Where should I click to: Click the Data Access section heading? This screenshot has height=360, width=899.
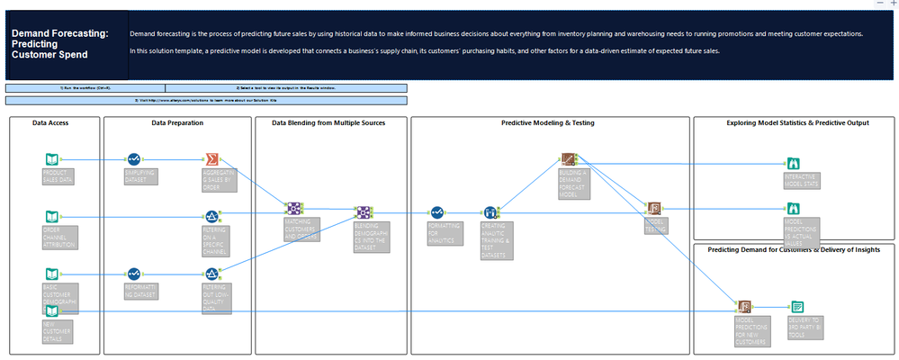click(50, 122)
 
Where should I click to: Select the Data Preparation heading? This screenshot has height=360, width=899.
click(177, 122)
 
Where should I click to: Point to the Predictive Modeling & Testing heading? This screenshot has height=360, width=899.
click(547, 122)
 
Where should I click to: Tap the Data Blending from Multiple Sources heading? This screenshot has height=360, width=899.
click(328, 122)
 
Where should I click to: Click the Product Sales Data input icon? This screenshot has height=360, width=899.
click(51, 160)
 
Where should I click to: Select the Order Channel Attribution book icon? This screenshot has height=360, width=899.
click(51, 216)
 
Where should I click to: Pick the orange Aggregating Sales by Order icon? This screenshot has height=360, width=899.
click(211, 159)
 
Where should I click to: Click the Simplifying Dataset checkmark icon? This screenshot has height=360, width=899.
click(134, 160)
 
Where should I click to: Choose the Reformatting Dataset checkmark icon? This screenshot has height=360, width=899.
click(134, 273)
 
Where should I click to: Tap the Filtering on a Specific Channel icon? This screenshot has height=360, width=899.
click(211, 216)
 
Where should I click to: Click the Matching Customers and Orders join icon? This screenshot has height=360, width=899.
click(292, 211)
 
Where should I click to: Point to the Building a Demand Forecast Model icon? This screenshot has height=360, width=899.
click(568, 160)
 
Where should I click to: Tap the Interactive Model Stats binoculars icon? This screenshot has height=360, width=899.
click(793, 164)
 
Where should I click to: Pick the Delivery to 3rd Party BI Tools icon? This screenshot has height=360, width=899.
click(796, 307)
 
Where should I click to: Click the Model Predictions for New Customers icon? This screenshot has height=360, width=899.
click(744, 307)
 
